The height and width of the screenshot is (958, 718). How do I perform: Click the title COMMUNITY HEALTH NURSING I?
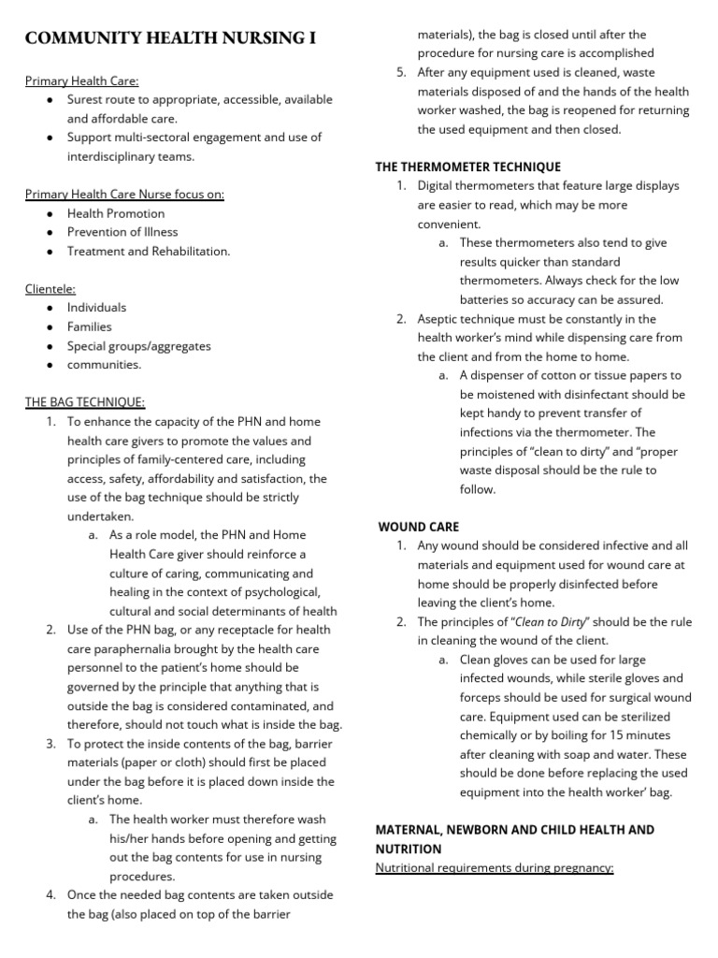pos(170,38)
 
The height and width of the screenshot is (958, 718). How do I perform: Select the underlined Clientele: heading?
pos(50,289)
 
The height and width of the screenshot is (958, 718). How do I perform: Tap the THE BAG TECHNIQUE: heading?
pos(84,402)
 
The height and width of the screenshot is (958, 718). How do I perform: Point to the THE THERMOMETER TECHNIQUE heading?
pos(468,167)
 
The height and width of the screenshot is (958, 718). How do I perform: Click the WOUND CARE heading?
pos(418,527)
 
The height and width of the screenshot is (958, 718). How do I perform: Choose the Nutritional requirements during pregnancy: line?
pos(494,867)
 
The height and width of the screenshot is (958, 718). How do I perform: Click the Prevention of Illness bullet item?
pos(122,232)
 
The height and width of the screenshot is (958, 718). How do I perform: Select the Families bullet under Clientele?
pos(89,327)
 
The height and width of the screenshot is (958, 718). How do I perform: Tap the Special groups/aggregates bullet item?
pos(139,346)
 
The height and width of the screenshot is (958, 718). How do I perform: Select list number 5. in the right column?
pos(401,72)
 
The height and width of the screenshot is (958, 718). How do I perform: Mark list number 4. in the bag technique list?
pos(51,894)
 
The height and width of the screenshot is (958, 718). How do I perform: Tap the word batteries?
pos(485,299)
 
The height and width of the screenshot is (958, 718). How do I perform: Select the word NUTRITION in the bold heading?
pos(409,849)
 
